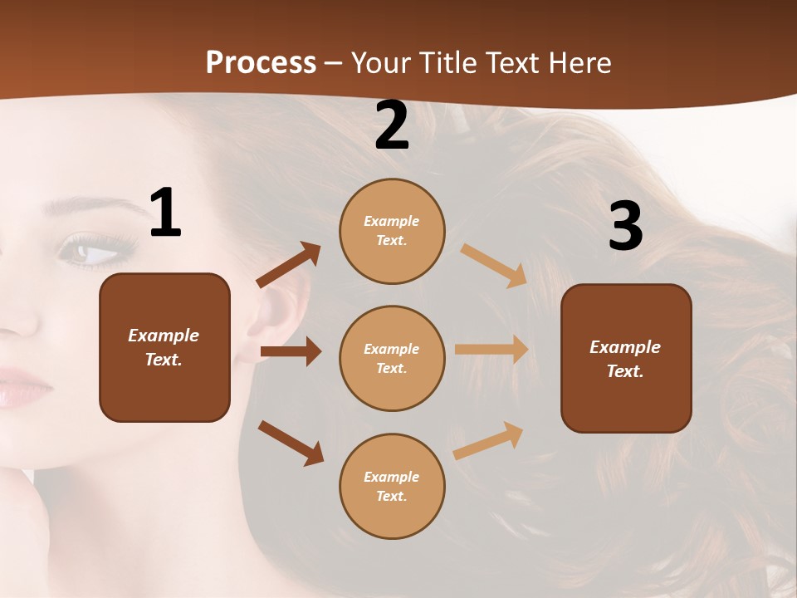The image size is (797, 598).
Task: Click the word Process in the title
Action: (261, 63)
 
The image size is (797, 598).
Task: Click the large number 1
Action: (165, 213)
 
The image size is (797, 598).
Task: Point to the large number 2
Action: (392, 125)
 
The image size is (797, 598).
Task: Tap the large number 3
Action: (625, 226)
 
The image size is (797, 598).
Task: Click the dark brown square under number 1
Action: (164, 347)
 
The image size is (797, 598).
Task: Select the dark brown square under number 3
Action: (626, 358)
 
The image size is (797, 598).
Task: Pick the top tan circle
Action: (392, 231)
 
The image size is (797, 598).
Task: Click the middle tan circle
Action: (392, 358)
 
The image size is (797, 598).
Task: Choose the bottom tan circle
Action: (392, 486)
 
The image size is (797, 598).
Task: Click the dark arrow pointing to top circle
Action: (289, 265)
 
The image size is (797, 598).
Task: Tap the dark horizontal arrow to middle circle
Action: (291, 351)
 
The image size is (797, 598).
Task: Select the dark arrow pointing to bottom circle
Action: (291, 443)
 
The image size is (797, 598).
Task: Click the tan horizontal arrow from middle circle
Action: (491, 349)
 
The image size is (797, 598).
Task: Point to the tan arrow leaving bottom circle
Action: (488, 440)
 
